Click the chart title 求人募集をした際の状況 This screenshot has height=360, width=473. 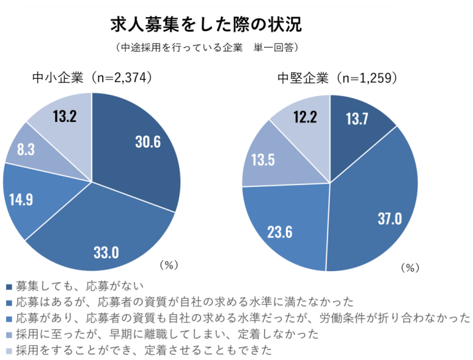click(x=206, y=25)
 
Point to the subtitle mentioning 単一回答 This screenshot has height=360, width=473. click(x=206, y=48)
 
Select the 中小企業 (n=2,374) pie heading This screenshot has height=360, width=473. click(x=93, y=78)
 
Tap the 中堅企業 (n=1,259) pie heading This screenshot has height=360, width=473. click(x=337, y=78)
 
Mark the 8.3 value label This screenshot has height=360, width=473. click(x=26, y=149)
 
